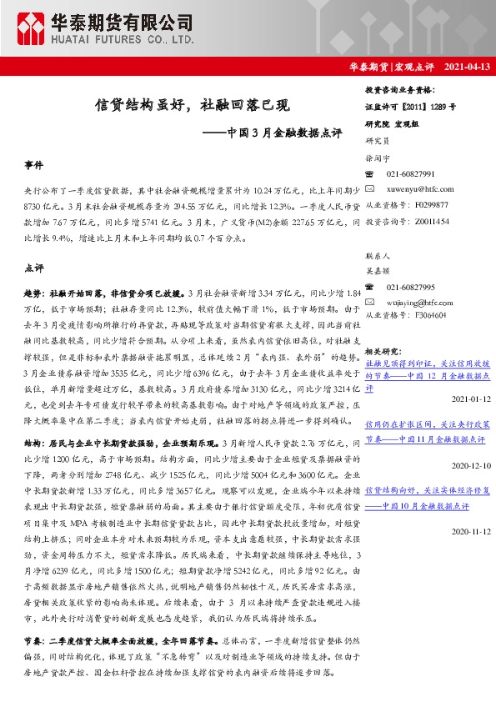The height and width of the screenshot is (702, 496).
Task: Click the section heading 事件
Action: [34, 167]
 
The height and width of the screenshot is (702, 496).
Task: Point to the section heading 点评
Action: [34, 269]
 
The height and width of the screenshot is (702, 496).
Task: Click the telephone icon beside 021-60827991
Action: [372, 173]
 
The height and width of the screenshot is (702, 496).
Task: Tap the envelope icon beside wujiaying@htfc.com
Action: [372, 301]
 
